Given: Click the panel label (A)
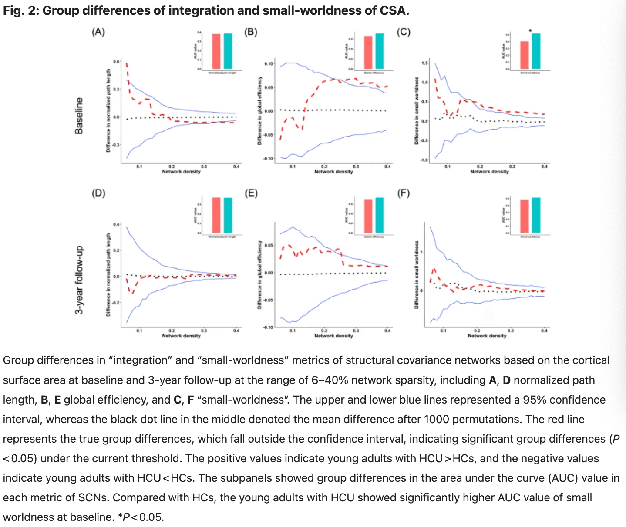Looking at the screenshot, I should click(98, 32).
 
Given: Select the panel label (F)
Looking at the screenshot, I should click(404, 193).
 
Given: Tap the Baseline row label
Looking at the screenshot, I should click(79, 116).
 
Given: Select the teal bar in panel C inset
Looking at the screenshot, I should click(536, 51).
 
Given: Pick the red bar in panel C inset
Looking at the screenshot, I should click(525, 55).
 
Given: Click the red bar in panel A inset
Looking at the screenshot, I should click(216, 51).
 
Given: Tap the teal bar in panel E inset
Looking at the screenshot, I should click(380, 215).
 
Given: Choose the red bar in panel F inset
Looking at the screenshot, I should click(525, 217).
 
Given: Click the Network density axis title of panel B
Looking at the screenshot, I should click(333, 172).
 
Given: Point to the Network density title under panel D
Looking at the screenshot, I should click(181, 336).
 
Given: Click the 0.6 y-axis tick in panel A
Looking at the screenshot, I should click(116, 62).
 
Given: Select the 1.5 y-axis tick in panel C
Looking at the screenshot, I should click(424, 63).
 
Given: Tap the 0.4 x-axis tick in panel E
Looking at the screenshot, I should click(387, 331).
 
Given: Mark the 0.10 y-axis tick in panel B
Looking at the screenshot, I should click(269, 64).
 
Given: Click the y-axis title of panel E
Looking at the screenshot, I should click(259, 275).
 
